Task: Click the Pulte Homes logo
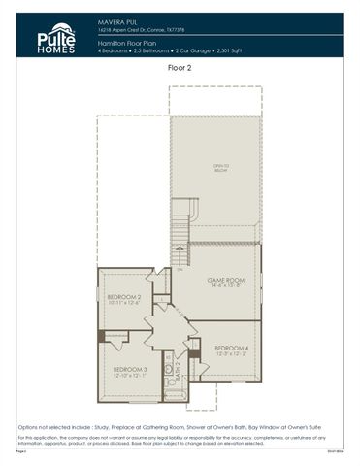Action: pyautogui.click(x=56, y=37)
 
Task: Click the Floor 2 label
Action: pyautogui.click(x=180, y=69)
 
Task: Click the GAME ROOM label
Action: pyautogui.click(x=224, y=279)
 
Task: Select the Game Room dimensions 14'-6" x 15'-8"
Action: pyautogui.click(x=224, y=286)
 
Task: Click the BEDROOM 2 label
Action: pyautogui.click(x=124, y=296)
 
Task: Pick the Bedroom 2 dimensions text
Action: pyautogui.click(x=124, y=303)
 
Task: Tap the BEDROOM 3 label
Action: pyautogui.click(x=129, y=370)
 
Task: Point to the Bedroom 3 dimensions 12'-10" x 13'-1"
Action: pyautogui.click(x=129, y=377)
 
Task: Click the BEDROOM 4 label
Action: pyautogui.click(x=232, y=348)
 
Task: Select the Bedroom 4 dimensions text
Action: pyautogui.click(x=232, y=354)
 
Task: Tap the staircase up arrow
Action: pyautogui.click(x=180, y=262)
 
